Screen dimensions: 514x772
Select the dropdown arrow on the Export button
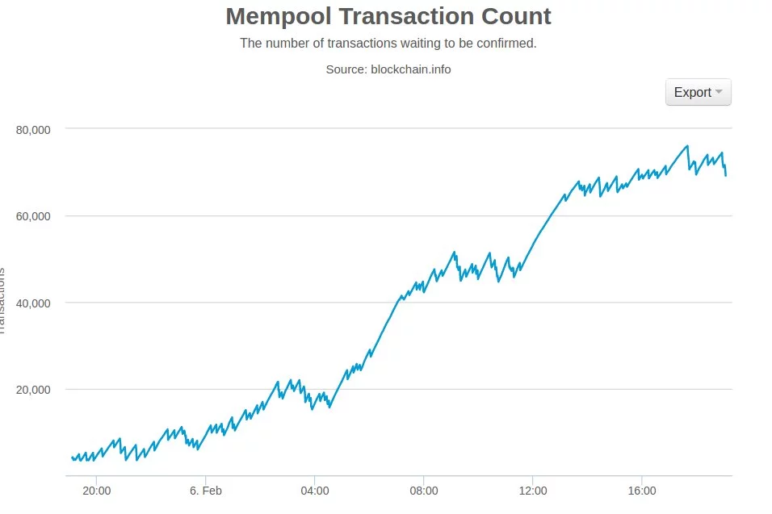[719, 92]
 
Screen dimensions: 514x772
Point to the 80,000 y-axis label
[34, 129]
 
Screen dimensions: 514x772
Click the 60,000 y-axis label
[34, 216]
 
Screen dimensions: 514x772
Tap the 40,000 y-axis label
[34, 303]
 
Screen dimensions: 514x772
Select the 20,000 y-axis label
[34, 390]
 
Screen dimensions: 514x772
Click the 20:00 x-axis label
[96, 491]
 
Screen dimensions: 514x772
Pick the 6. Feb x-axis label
[205, 491]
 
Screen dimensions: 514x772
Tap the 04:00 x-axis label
[314, 491]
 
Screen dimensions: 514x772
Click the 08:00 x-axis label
[423, 491]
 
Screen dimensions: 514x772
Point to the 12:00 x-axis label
[532, 491]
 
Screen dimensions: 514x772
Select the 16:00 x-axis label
[641, 491]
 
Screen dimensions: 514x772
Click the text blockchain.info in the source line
[410, 69]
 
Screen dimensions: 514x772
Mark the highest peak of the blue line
[687, 146]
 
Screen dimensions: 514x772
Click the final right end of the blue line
[726, 175]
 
